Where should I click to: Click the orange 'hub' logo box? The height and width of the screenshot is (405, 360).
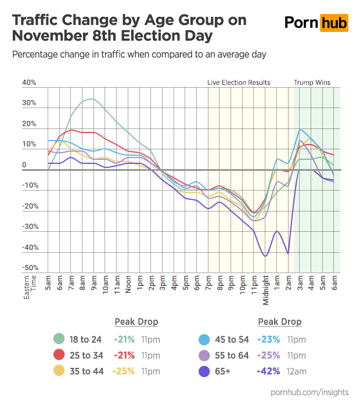pos(334,23)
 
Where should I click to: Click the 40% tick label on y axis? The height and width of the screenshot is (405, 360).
pos(29,83)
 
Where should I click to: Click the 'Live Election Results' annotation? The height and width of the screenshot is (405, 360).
pos(239,83)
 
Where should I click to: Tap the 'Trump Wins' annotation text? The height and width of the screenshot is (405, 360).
pos(312,83)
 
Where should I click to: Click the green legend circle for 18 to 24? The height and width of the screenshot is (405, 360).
pos(59,339)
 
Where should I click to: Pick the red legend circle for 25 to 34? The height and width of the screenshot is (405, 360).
pos(59,356)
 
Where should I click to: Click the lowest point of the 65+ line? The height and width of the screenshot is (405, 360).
pos(265,256)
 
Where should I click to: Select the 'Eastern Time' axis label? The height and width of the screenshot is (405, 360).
pos(30,287)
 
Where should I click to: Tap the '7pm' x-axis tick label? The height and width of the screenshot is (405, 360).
pos(209,282)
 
